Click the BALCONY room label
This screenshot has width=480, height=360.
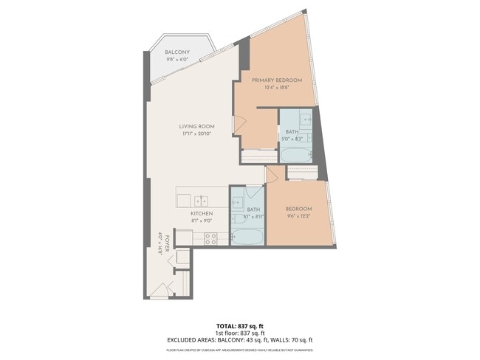[x=177, y=52]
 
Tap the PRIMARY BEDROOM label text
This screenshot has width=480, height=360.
[x=276, y=80]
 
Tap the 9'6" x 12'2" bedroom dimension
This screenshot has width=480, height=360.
[x=299, y=216]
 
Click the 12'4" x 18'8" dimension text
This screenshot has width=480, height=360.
[x=276, y=87]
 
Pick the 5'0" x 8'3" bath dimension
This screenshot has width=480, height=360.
[x=292, y=139]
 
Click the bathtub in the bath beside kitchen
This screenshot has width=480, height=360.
[x=246, y=238]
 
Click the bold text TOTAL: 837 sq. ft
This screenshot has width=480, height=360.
[x=240, y=325]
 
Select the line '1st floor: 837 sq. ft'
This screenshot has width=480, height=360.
[x=240, y=332]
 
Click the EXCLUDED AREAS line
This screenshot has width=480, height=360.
[x=240, y=339]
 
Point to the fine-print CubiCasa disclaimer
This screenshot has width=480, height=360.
[x=240, y=347]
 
